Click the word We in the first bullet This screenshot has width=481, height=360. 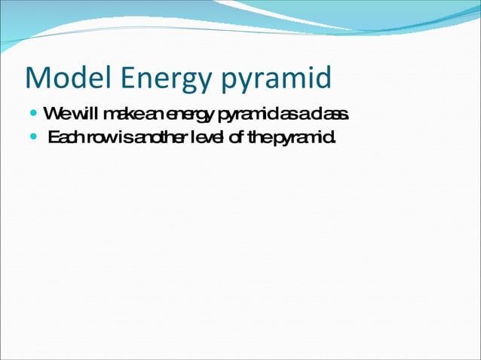tap(54, 114)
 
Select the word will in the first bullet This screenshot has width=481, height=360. tap(81, 114)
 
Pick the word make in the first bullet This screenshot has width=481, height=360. tap(120, 114)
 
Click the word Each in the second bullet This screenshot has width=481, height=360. tap(66, 138)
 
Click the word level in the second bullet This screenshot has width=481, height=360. tap(210, 138)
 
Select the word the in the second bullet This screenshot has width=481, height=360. tap(263, 138)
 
